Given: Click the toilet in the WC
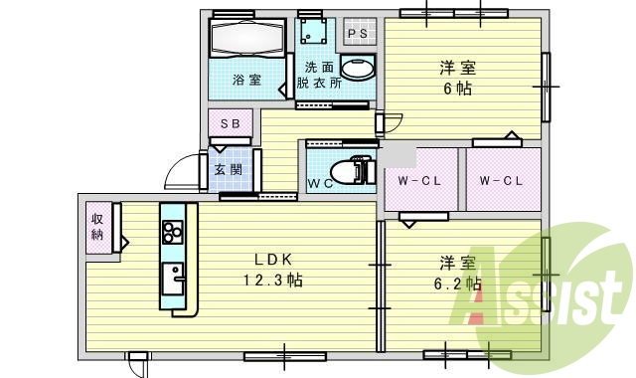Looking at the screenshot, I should coord(343,171).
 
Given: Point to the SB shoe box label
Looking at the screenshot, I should coord(230,123).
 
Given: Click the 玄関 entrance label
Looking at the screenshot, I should coord(228,169).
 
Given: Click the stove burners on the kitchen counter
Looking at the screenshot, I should coord(173,232).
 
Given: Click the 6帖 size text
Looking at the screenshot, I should coord(457,88).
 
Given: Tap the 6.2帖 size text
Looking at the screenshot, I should coord(459,283).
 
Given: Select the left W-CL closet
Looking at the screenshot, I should coord(419,181).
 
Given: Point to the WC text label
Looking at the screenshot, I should coord(318,183).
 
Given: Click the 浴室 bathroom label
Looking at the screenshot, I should coord(247,80).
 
